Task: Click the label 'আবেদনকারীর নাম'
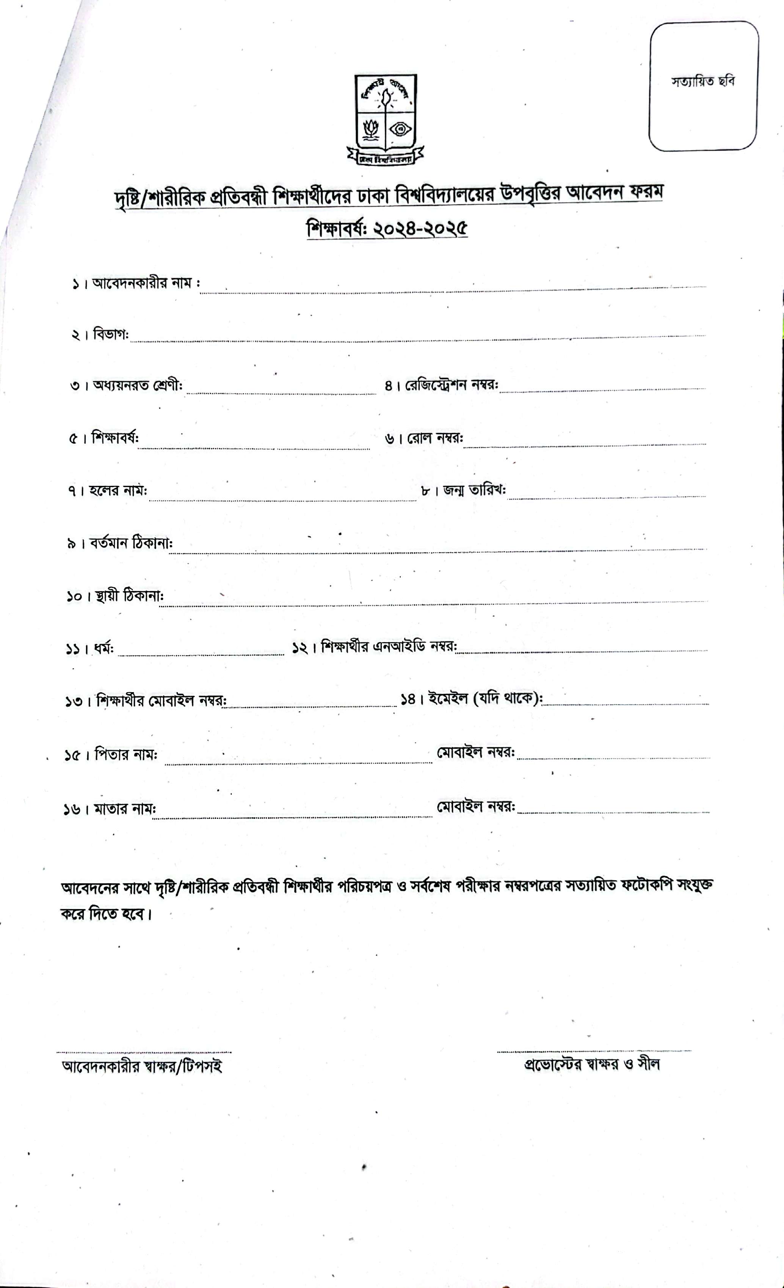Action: pyautogui.click(x=143, y=284)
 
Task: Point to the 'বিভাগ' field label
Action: pyautogui.click(x=110, y=335)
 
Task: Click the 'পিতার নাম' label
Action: pyautogui.click(x=125, y=756)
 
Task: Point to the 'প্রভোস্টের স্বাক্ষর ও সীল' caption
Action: pyautogui.click(x=592, y=1064)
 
